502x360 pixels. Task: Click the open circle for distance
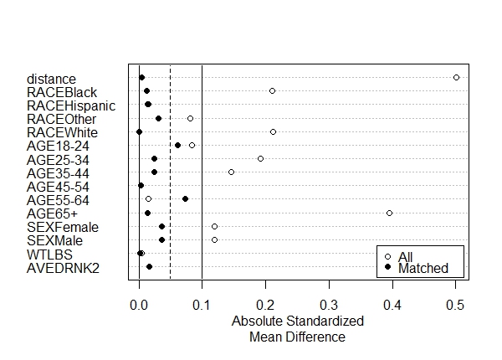[456, 77]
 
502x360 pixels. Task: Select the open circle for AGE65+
[389, 213]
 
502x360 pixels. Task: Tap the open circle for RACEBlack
[272, 90]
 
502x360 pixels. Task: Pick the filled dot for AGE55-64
[185, 199]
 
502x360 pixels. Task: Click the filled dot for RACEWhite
[139, 131]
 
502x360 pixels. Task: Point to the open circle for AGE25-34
[260, 158]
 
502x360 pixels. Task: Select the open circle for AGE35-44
[231, 172]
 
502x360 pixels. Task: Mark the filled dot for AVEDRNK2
[149, 267]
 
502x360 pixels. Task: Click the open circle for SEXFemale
[214, 226]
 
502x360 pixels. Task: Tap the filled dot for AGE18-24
[177, 145]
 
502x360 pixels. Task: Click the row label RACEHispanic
[71, 105]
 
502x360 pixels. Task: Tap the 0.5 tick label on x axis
[456, 305]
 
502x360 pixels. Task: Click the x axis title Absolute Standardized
[297, 321]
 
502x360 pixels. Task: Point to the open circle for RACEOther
[190, 118]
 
